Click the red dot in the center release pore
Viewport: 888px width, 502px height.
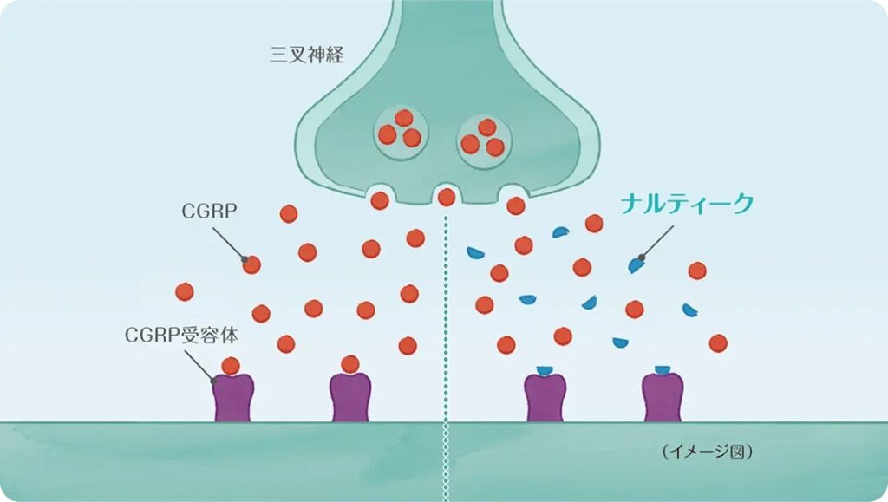click(x=447, y=197)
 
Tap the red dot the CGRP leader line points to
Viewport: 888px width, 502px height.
click(x=251, y=264)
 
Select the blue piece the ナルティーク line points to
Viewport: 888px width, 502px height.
click(x=637, y=265)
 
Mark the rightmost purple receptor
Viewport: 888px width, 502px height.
click(x=663, y=399)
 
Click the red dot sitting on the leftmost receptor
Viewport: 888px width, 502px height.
click(x=231, y=365)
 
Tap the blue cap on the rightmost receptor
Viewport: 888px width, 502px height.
click(x=663, y=371)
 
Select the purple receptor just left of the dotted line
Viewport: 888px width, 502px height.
click(x=350, y=399)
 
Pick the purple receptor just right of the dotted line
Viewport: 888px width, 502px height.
click(x=545, y=399)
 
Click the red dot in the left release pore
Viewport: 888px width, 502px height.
click(x=380, y=200)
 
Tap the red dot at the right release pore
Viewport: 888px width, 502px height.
click(x=516, y=205)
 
